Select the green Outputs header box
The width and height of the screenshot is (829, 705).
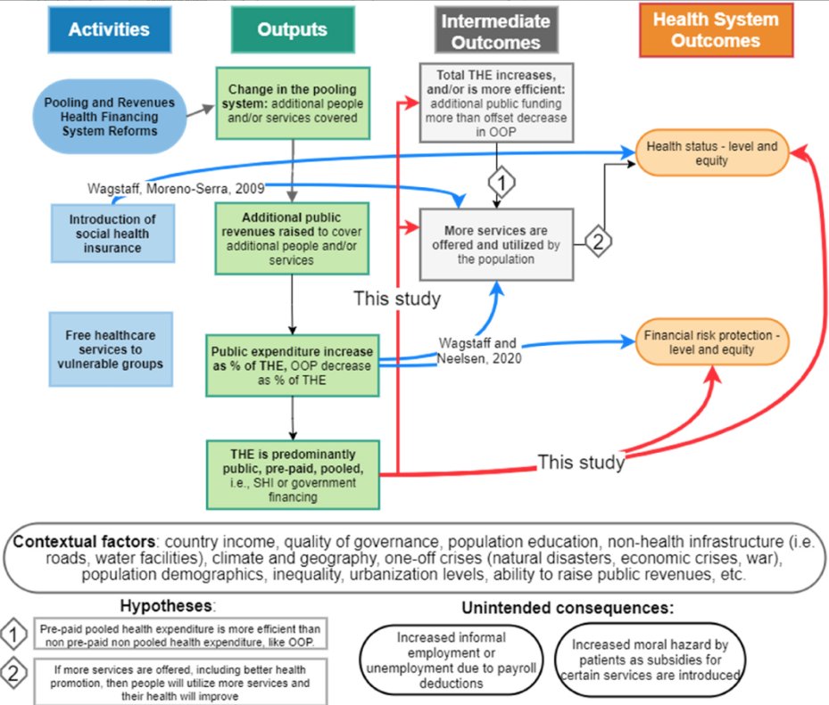pos(292,29)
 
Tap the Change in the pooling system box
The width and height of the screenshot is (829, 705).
pos(291,103)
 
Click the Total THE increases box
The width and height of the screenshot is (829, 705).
pos(496,102)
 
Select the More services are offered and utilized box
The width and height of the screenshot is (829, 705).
pos(496,245)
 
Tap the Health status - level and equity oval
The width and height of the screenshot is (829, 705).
pos(712,153)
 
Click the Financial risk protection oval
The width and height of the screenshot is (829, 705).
pos(712,342)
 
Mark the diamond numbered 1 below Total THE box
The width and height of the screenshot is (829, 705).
pos(502,184)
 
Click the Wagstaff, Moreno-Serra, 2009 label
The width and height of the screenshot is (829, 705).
pos(165,189)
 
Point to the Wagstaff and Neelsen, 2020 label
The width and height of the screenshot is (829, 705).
pos(478,350)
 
